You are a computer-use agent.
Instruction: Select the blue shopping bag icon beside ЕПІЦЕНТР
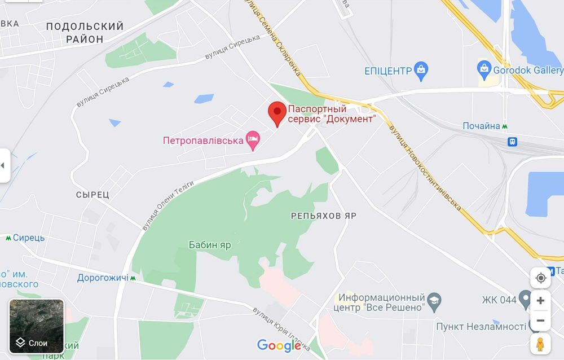(421, 71)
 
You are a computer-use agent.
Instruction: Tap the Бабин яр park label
(210, 245)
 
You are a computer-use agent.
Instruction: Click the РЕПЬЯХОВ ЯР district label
(324, 216)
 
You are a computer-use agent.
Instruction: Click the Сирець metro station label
(28, 238)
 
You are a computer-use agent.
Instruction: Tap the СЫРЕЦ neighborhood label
(92, 195)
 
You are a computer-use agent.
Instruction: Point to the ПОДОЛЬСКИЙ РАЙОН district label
(85, 33)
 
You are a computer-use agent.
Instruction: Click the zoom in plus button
(540, 301)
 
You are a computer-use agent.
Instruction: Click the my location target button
(540, 278)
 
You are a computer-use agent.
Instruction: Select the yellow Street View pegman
(540, 343)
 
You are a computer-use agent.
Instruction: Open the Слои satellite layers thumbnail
(37, 327)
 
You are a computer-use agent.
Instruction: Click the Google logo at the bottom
(279, 345)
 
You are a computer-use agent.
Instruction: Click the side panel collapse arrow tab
(5, 165)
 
